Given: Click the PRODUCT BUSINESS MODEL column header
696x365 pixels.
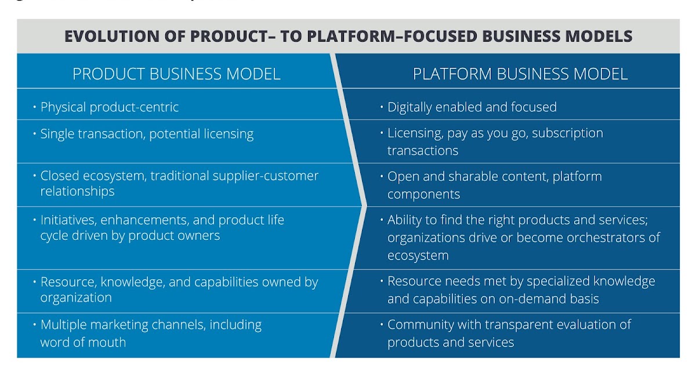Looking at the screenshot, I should pyautogui.click(x=176, y=74).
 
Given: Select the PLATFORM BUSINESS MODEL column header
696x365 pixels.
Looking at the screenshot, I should pyautogui.click(x=520, y=74).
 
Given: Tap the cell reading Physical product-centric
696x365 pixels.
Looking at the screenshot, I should pyautogui.click(x=110, y=107).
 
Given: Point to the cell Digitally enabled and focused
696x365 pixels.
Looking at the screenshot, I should pyautogui.click(x=472, y=107).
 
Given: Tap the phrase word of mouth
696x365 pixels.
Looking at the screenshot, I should pyautogui.click(x=83, y=342).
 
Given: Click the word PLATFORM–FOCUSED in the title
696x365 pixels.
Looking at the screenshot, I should pyautogui.click(x=394, y=36).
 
